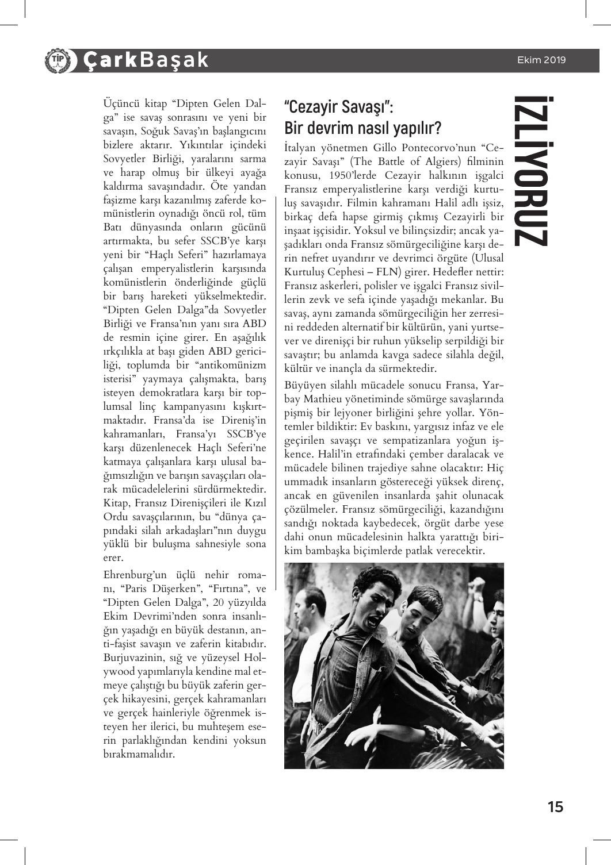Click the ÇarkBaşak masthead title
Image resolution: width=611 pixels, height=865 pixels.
[145, 60]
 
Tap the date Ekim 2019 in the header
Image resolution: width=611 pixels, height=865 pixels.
[541, 60]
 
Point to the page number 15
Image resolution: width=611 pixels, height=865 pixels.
[555, 806]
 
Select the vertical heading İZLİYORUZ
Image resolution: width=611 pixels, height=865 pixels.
[528, 171]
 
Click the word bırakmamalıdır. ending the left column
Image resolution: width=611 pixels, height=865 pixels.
[139, 753]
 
